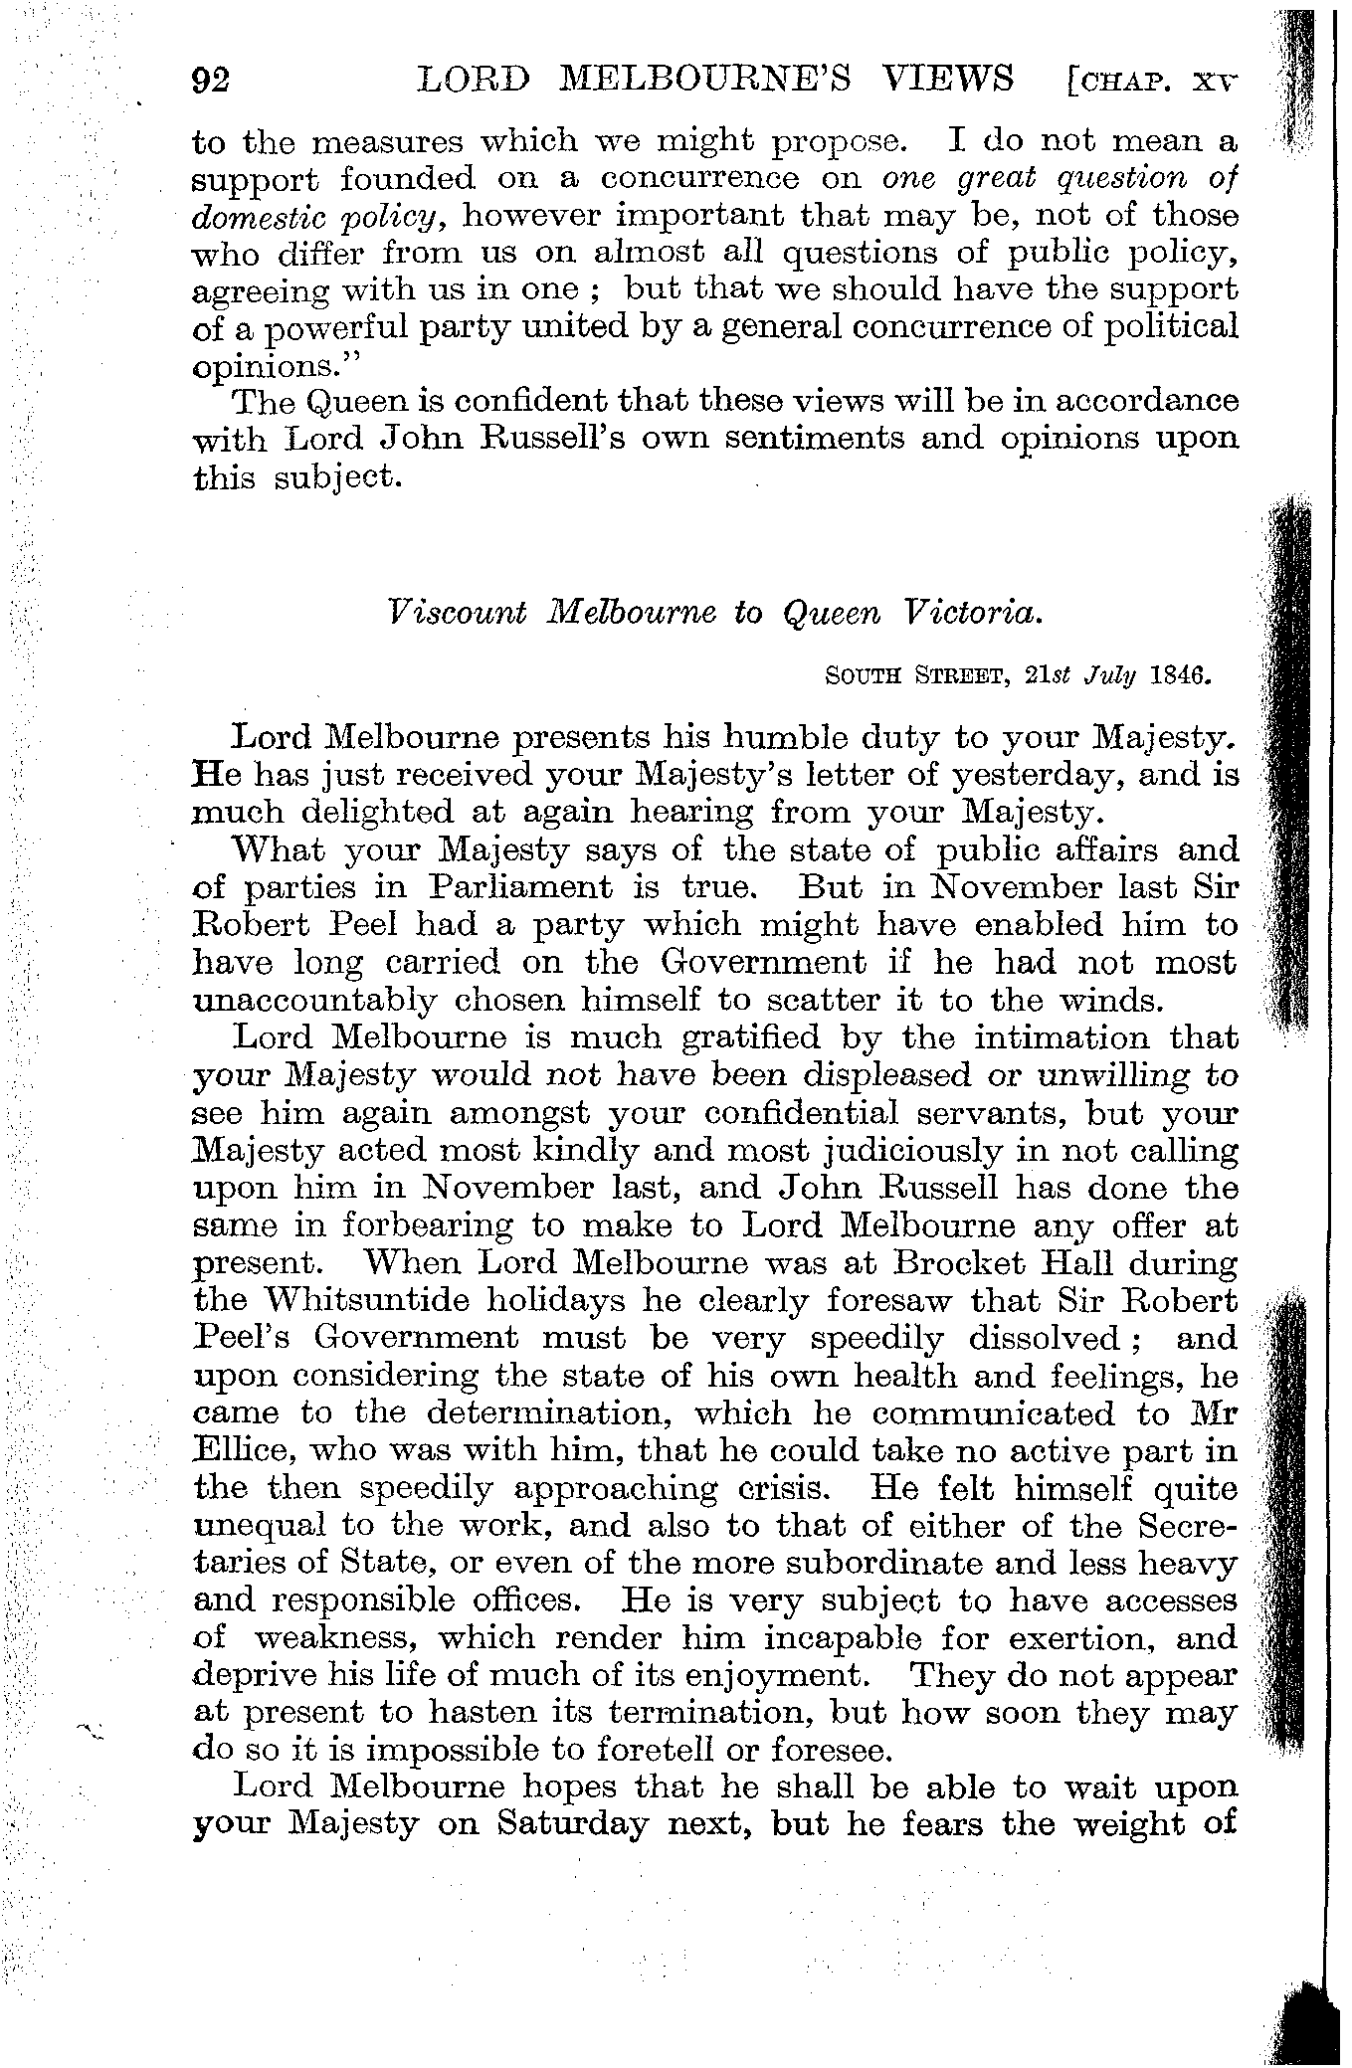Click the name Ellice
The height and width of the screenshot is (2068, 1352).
[x=234, y=1451]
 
